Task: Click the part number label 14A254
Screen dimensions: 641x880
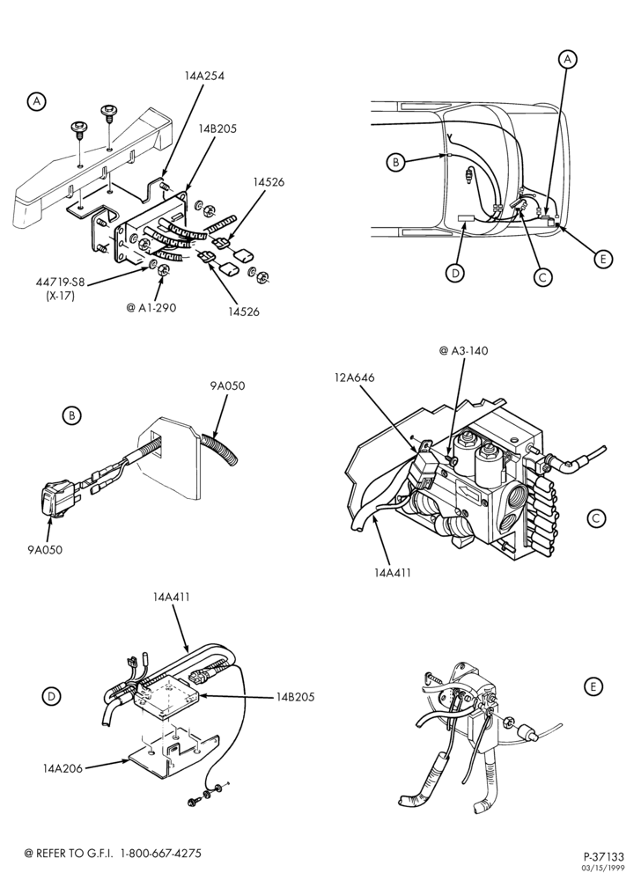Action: [x=203, y=76]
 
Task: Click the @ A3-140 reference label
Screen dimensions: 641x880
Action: [x=464, y=351]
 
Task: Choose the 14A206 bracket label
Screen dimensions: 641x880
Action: [x=62, y=768]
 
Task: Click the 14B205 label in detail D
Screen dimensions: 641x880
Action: [x=295, y=697]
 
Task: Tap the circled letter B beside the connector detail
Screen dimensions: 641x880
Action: [x=71, y=416]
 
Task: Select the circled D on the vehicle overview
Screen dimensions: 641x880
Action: [x=454, y=273]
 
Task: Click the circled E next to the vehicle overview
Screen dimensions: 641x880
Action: [x=603, y=259]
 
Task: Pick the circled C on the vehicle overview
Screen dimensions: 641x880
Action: [x=542, y=277]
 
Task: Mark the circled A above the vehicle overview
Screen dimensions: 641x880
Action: [x=568, y=58]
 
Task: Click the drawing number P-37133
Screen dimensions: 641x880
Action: [x=603, y=857]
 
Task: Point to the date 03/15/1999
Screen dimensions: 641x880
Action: [x=604, y=869]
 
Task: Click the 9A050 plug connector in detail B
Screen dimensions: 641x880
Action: [x=57, y=497]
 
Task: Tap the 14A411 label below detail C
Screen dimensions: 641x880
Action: [x=393, y=573]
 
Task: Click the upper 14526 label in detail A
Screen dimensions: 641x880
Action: [x=268, y=182]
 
